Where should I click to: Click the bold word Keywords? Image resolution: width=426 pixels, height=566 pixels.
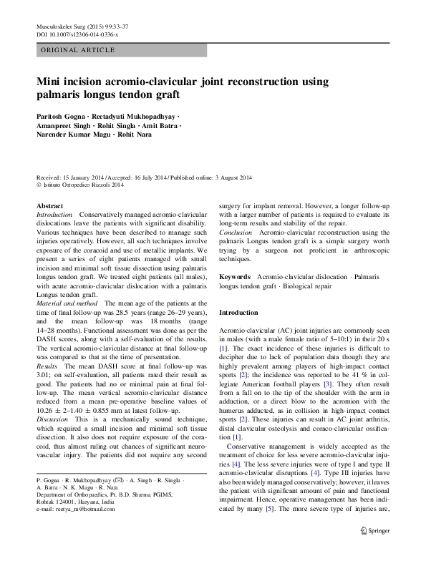point(235,276)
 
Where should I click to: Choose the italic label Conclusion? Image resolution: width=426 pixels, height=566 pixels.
point(236,233)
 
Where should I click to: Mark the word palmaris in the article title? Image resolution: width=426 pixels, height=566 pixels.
point(69,94)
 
